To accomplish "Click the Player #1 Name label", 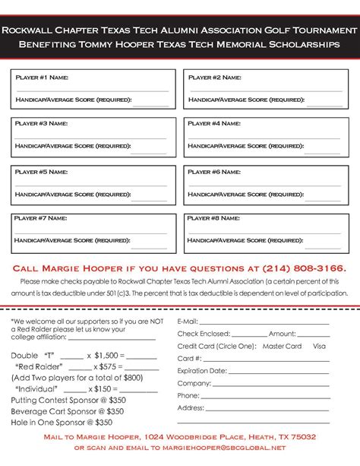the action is [42, 77].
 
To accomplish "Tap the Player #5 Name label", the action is [42, 172].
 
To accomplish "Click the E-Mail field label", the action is [188, 322].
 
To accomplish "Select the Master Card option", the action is [282, 346].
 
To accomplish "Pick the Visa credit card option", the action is [319, 346].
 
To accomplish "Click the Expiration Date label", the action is [201, 371].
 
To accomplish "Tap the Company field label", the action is [193, 383].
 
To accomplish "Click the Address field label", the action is [191, 407].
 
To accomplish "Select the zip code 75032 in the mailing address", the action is [302, 437].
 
